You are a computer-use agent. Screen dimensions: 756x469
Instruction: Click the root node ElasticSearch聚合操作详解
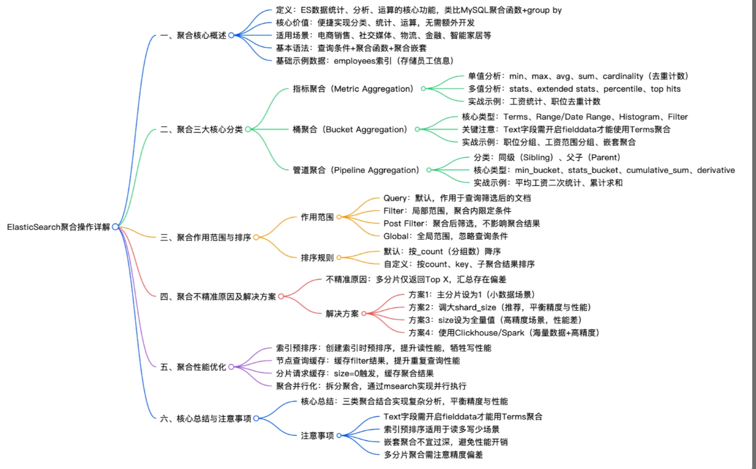pyautogui.click(x=58, y=227)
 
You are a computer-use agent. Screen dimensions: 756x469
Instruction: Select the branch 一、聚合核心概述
pyautogui.click(x=194, y=36)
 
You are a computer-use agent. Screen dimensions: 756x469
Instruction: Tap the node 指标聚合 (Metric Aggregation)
pyautogui.click(x=353, y=89)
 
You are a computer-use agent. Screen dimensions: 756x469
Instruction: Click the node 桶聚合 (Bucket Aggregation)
pyautogui.click(x=350, y=130)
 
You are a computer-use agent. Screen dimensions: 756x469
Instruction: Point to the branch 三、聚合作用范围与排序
pyautogui.click(x=205, y=237)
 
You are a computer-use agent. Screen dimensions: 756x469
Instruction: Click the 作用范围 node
pyautogui.click(x=317, y=217)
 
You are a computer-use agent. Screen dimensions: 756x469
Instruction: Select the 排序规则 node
pyautogui.click(x=317, y=257)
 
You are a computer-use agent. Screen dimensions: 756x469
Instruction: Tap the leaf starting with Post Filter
pyautogui.click(x=462, y=224)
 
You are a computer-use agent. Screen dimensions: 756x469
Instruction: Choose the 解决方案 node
pyautogui.click(x=342, y=314)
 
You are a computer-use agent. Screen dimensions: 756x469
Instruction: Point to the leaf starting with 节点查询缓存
pyautogui.click(x=368, y=361)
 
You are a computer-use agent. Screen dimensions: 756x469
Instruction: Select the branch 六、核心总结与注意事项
pyautogui.click(x=205, y=418)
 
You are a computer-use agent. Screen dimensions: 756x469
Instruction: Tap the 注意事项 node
pyautogui.click(x=317, y=435)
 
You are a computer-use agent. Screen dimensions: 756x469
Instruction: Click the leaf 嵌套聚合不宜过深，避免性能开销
pyautogui.click(x=445, y=442)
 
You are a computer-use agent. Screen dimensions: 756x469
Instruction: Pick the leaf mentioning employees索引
pyautogui.click(x=364, y=61)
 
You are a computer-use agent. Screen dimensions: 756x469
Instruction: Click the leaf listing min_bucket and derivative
pyautogui.click(x=604, y=170)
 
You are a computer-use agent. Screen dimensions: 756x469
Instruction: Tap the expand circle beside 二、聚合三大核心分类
pyautogui.click(x=248, y=130)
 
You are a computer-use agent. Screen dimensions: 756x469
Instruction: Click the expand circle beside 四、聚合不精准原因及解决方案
pyautogui.click(x=281, y=296)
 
